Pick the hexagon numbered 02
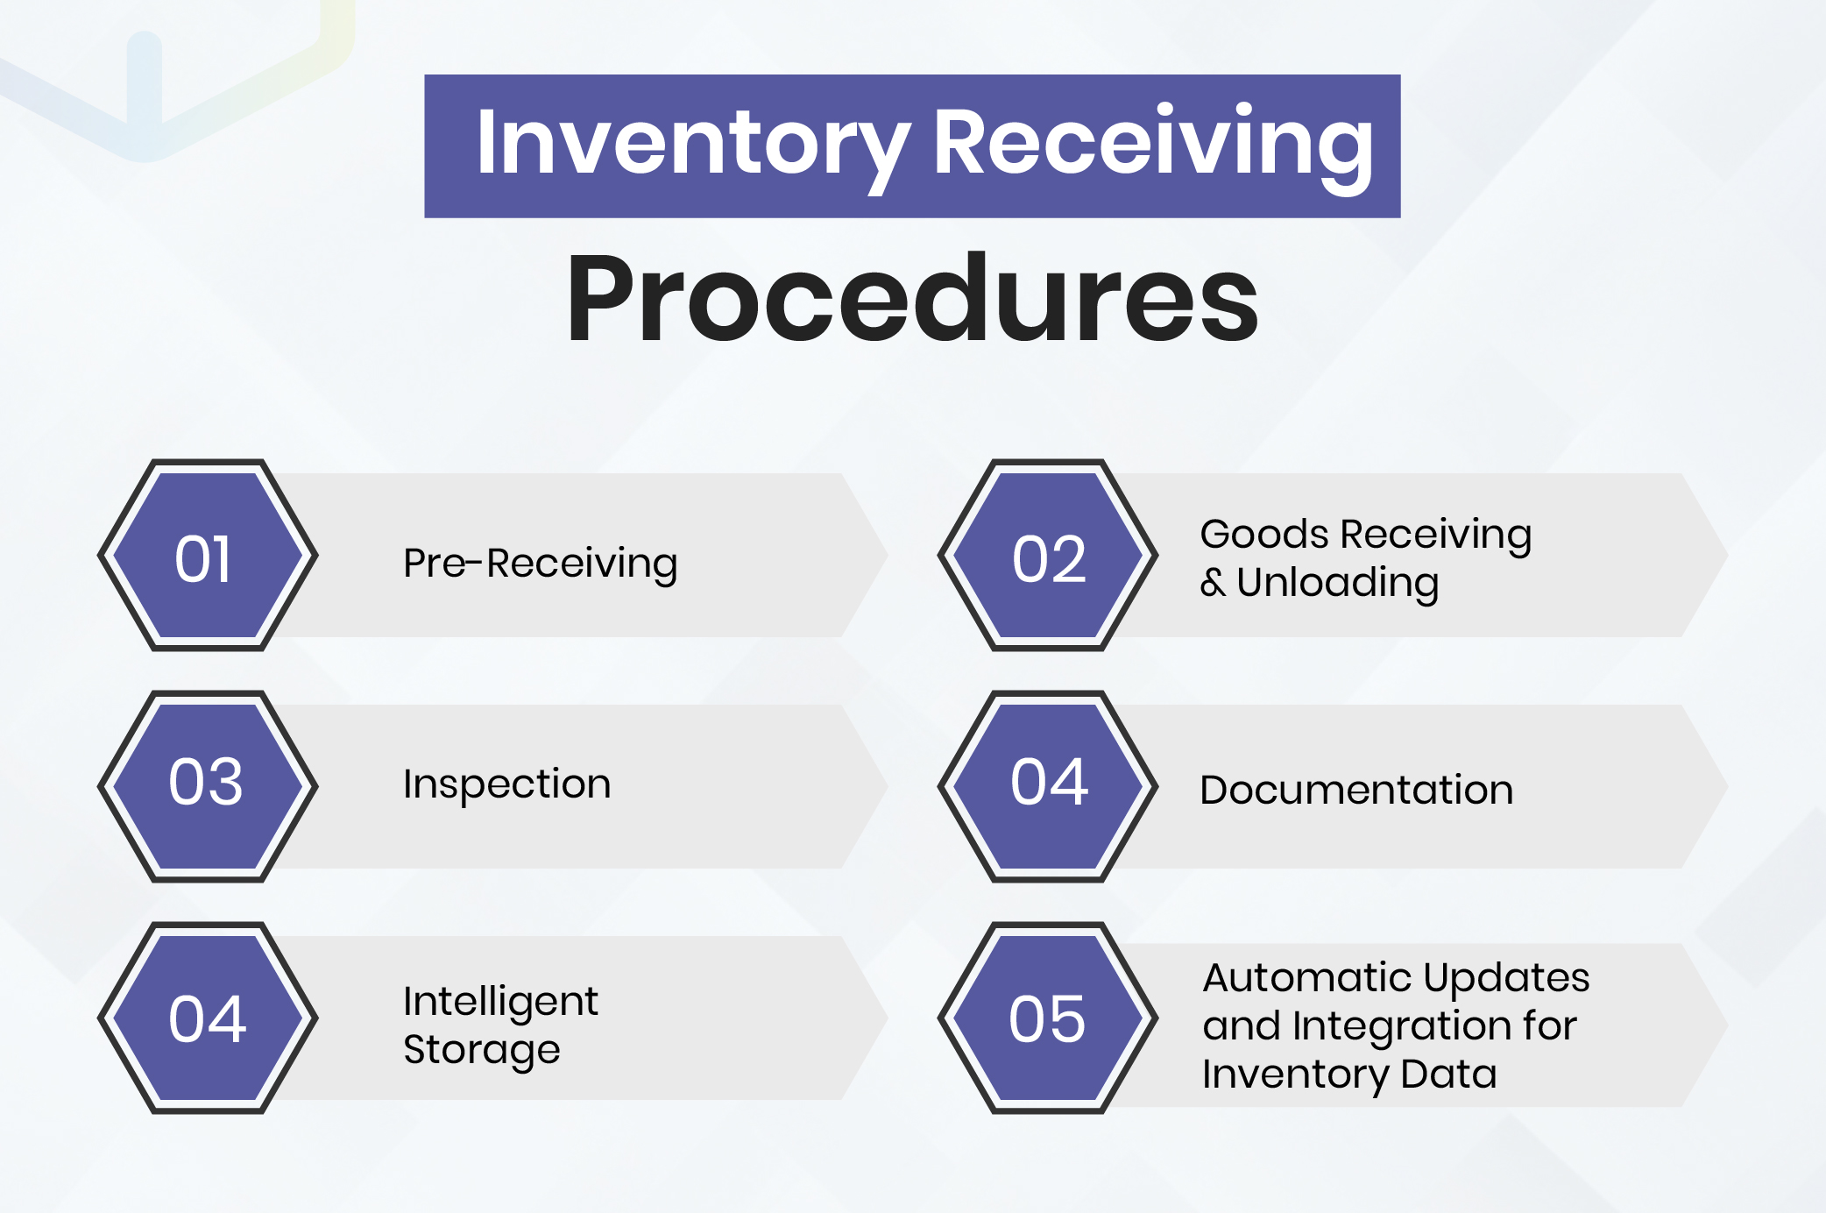pos(1048,556)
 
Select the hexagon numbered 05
pos(1048,1018)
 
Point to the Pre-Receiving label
pos(540,564)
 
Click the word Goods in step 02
pos(1263,534)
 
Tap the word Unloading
pos(1337,583)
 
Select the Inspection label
pos(506,784)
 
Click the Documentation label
pos(1355,790)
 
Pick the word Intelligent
pos(500,1002)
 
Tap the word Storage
pos(481,1050)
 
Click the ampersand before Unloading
pos(1213,583)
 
